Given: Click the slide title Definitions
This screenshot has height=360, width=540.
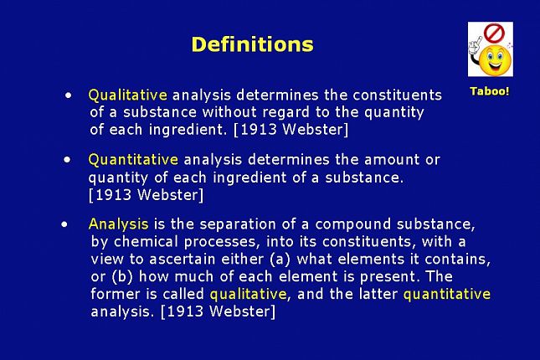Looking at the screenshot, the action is (253, 44).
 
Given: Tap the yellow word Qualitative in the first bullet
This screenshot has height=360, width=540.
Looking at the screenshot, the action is (128, 95).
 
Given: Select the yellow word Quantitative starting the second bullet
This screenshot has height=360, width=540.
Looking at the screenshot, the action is (133, 160).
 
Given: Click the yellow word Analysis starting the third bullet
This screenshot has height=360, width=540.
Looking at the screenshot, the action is (119, 224).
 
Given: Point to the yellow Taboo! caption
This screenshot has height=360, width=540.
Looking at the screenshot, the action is (490, 91).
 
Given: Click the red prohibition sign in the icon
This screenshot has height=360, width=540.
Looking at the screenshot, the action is (494, 33).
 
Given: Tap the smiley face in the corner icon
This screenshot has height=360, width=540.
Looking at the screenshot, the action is (496, 61).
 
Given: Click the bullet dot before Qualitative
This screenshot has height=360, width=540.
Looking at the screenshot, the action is (69, 95).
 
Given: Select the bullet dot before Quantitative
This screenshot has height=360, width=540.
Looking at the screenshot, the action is (67, 160).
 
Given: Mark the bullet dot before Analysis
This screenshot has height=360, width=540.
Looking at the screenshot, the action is (64, 224).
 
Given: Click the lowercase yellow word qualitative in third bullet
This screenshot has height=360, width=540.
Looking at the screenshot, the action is (248, 294).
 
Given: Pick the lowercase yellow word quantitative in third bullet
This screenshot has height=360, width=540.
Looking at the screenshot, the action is (447, 294).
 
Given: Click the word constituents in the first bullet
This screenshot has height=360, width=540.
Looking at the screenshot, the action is (397, 95).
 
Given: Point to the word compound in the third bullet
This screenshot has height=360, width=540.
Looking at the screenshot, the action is (352, 224).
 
